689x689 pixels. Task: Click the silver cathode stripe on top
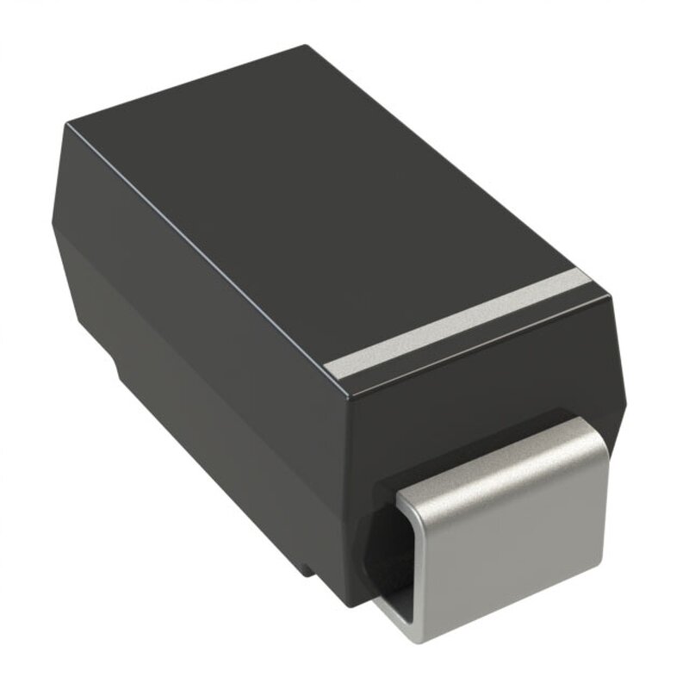pyautogui.click(x=465, y=322)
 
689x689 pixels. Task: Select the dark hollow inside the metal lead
pyautogui.click(x=393, y=551)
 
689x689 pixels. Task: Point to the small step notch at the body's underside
pyautogui.click(x=121, y=366)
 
